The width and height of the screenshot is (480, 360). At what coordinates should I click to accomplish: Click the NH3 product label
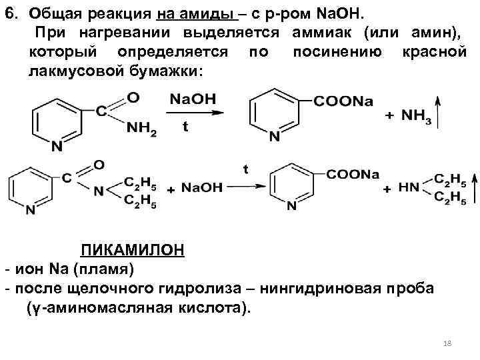coord(417,117)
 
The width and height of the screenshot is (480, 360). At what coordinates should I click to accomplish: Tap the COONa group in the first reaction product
coord(343,101)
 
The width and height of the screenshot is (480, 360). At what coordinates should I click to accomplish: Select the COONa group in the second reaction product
coord(353,175)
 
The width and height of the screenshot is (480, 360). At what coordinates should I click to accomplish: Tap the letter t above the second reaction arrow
coord(245,169)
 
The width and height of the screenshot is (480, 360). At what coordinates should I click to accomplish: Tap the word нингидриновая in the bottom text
coord(316,289)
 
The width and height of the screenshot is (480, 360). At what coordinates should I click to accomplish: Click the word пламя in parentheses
coord(108,269)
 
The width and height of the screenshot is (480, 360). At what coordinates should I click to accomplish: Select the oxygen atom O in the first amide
coord(133,97)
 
